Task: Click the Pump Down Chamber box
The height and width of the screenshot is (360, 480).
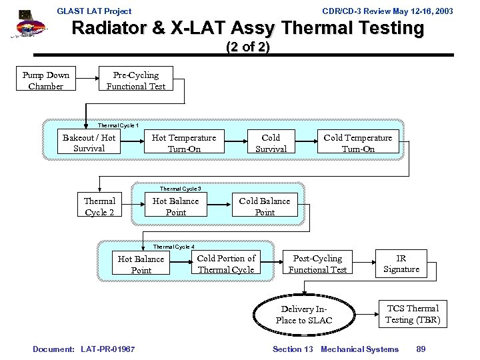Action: (x=45, y=80)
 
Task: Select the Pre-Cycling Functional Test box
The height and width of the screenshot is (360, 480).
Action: (x=136, y=80)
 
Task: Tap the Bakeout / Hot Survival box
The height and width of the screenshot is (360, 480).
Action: (x=89, y=143)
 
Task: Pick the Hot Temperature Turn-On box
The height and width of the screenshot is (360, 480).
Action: (x=184, y=143)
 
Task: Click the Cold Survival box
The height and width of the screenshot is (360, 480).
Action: (x=271, y=143)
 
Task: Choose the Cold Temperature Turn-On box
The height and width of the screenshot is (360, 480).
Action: (x=358, y=143)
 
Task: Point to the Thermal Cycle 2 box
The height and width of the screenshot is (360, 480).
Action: (x=99, y=206)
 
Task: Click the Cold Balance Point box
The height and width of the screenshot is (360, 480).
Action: (x=265, y=206)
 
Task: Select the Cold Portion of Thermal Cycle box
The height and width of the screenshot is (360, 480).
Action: (x=226, y=263)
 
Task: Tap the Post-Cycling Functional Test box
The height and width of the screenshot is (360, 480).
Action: (x=317, y=263)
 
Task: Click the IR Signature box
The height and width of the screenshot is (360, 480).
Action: (x=401, y=263)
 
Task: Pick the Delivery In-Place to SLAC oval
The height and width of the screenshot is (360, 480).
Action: (x=304, y=315)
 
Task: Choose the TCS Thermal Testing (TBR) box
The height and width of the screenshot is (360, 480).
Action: (x=413, y=314)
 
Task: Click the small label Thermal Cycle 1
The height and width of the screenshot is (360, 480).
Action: (x=118, y=125)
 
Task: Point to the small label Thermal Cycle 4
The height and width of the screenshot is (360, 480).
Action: (x=174, y=246)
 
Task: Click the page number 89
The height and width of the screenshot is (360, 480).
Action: (x=421, y=349)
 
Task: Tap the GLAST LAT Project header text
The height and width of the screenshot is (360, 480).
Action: (x=95, y=11)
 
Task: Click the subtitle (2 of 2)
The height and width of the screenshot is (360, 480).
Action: (x=247, y=47)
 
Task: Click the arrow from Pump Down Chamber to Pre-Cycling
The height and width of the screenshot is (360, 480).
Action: (x=87, y=80)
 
